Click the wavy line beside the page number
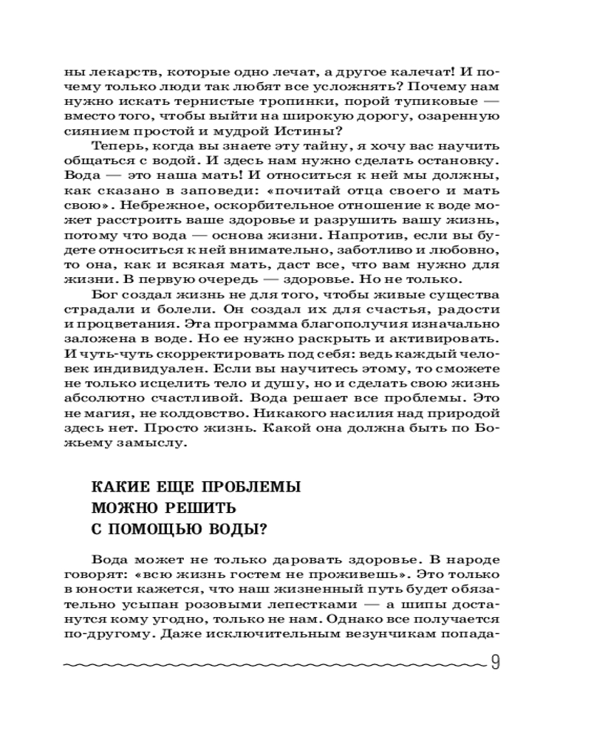pos(273,665)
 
